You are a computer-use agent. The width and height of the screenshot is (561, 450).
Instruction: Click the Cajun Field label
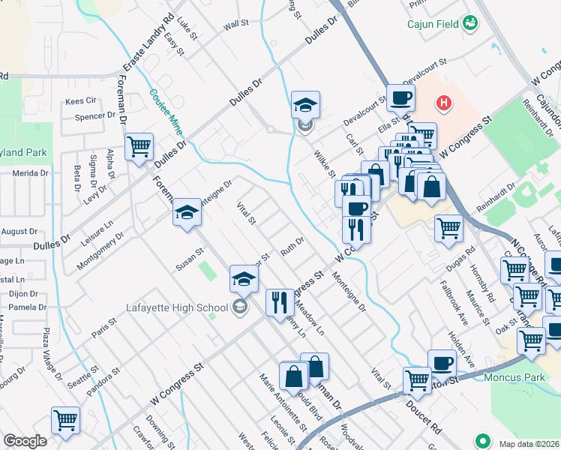tap(433, 24)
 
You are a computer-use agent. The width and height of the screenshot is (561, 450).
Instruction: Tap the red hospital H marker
tap(444, 101)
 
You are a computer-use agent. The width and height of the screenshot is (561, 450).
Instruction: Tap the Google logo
tap(25, 441)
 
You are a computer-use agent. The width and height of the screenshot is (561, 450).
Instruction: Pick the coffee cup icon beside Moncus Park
tap(442, 362)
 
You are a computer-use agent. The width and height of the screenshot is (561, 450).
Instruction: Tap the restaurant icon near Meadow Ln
tap(280, 301)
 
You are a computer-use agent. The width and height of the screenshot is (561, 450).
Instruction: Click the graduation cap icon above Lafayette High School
tap(243, 279)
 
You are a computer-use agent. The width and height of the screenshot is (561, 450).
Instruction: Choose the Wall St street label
tap(235, 25)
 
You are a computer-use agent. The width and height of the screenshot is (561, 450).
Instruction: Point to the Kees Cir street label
tap(82, 100)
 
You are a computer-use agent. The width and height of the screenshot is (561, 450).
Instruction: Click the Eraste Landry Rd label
tap(149, 42)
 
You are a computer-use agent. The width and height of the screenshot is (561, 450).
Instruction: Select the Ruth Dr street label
tap(292, 244)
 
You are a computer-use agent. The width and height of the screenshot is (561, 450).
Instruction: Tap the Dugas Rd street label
tap(460, 259)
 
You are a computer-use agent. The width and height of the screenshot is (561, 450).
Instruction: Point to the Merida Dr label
tap(30, 172)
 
